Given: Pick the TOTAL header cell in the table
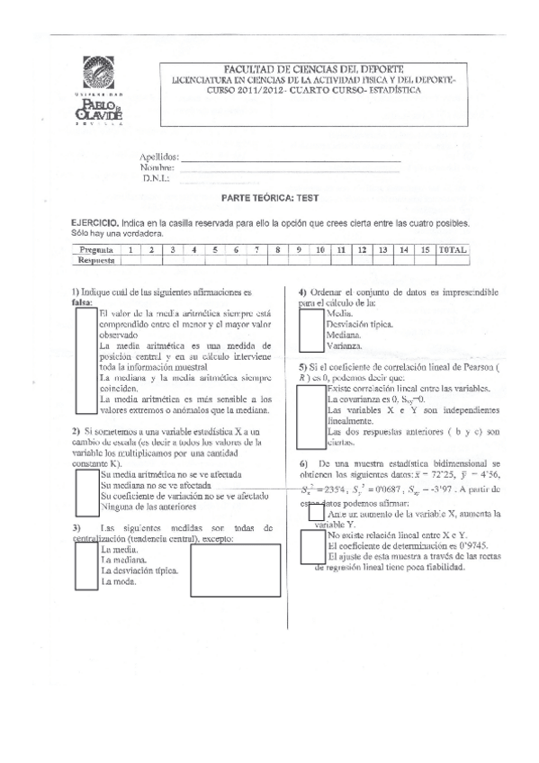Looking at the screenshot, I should (x=451, y=249).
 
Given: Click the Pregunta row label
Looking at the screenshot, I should (x=95, y=249).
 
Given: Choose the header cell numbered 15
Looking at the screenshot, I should (x=423, y=249).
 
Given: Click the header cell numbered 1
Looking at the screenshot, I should (x=130, y=249).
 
